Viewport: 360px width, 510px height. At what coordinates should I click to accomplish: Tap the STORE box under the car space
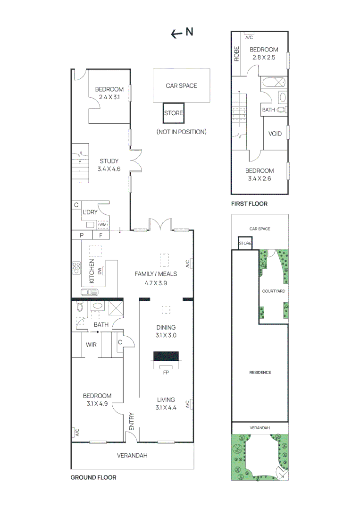(x=173, y=113)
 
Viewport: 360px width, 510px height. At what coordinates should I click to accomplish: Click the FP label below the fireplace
(x=166, y=372)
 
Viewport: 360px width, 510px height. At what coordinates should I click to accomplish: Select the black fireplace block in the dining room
(x=166, y=356)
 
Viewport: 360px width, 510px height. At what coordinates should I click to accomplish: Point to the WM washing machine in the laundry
(x=103, y=225)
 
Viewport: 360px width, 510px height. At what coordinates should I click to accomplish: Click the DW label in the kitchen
(x=100, y=271)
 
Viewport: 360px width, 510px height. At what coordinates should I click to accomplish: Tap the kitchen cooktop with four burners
(x=76, y=268)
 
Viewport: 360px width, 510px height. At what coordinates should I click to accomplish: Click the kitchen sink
(x=89, y=292)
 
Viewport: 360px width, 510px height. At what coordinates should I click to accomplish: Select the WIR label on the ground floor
(x=91, y=345)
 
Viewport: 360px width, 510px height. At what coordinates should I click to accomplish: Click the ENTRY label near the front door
(x=131, y=421)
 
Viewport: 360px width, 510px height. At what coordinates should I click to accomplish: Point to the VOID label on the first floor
(x=275, y=134)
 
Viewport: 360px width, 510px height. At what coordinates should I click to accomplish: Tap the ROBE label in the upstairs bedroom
(x=236, y=54)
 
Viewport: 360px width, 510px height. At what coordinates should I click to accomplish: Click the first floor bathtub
(x=273, y=81)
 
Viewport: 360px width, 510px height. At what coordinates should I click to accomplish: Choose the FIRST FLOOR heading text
(x=249, y=204)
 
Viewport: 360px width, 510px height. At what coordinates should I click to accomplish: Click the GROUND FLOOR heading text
(x=93, y=477)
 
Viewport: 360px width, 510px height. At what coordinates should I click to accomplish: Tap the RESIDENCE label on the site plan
(x=260, y=373)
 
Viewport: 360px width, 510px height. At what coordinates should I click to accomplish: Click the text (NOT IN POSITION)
(x=181, y=132)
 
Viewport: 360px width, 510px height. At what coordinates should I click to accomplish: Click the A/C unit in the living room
(x=188, y=404)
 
